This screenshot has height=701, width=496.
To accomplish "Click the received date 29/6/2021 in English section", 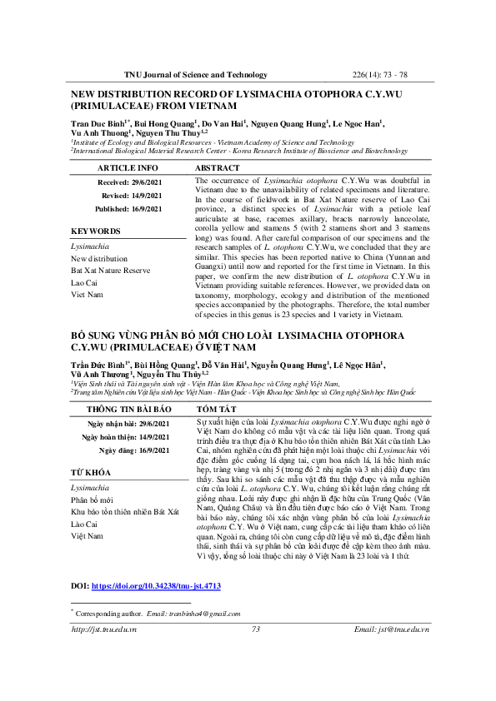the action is click(158, 181).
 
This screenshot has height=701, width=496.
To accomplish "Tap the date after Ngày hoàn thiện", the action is click(158, 437).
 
